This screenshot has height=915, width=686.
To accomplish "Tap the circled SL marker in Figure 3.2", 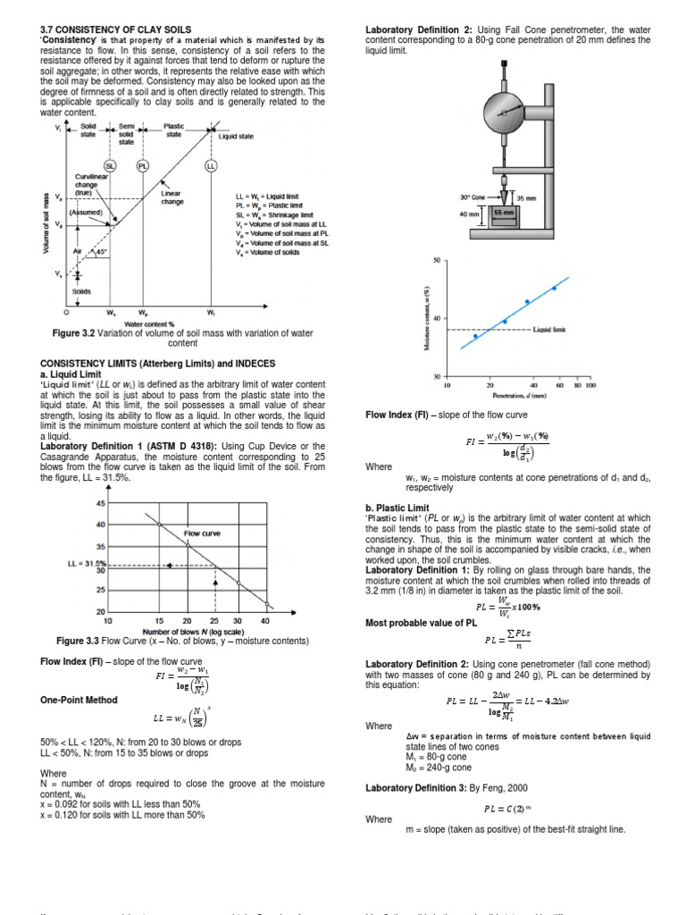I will click(111, 166).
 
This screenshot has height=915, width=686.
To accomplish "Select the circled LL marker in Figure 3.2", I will click(211, 166).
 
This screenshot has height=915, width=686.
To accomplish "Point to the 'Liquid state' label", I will click(237, 137).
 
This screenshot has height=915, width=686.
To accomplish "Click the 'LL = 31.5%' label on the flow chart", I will click(87, 564).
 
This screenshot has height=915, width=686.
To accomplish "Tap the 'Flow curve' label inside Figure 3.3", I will click(203, 533).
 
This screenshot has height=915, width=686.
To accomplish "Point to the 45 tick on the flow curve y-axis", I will click(100, 502).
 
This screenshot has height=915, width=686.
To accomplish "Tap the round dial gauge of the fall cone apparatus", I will click(505, 113).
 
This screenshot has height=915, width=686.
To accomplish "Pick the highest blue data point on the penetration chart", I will click(554, 288).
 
